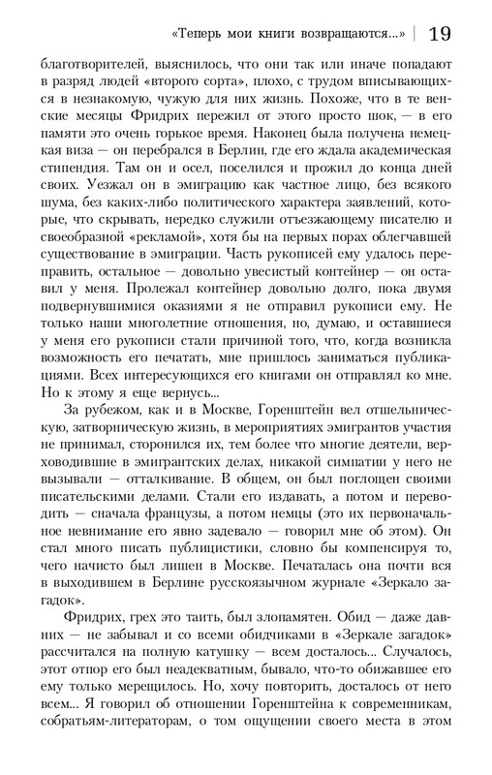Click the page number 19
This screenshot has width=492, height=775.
[437, 34]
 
